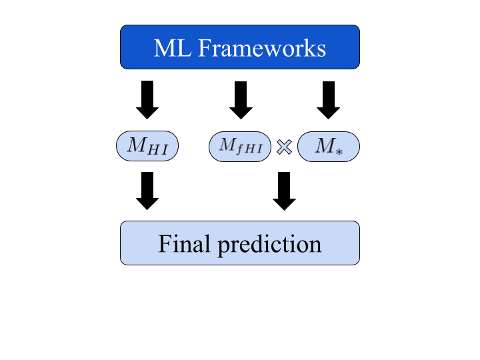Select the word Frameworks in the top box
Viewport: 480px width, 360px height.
pyautogui.click(x=261, y=48)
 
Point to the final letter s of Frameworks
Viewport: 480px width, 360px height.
pyautogui.click(x=321, y=49)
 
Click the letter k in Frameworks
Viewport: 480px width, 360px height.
pyautogui.click(x=310, y=48)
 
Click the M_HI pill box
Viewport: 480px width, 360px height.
pyautogui.click(x=147, y=146)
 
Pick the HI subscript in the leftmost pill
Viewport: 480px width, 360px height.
pyautogui.click(x=157, y=151)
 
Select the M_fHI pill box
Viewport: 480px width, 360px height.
pyautogui.click(x=240, y=147)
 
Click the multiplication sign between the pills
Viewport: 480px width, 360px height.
pyautogui.click(x=284, y=147)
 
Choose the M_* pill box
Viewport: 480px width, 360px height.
pyautogui.click(x=329, y=147)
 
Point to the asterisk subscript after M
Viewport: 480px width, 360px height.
pyautogui.click(x=339, y=151)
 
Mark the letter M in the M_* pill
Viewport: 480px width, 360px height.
pyautogui.click(x=324, y=145)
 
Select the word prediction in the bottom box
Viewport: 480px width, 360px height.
pyautogui.click(x=269, y=245)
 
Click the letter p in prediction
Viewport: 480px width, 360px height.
pyautogui.click(x=223, y=246)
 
